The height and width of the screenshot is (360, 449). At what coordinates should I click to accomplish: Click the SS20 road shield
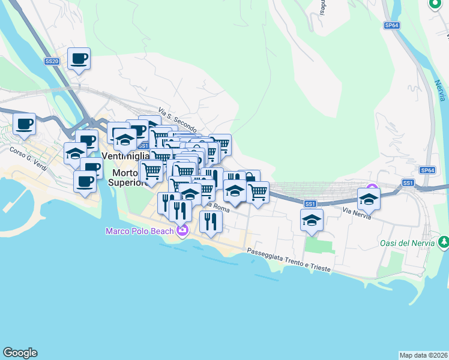click(x=52, y=61)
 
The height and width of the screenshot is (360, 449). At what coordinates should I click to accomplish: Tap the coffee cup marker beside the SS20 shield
click(x=79, y=59)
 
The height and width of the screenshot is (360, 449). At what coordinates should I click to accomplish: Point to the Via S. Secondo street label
click(x=178, y=121)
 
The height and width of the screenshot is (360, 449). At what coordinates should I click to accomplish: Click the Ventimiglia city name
click(x=125, y=155)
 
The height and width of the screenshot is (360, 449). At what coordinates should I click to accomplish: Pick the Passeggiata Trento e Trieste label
click(x=288, y=260)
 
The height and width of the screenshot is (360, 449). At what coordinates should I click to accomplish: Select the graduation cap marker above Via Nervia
click(x=369, y=199)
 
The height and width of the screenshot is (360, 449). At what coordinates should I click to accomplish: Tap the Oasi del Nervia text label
click(x=407, y=243)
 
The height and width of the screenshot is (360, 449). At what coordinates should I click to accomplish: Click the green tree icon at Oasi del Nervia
click(x=443, y=242)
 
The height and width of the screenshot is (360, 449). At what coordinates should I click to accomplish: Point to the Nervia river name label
click(x=441, y=88)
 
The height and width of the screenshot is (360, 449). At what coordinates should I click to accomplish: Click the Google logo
click(x=20, y=353)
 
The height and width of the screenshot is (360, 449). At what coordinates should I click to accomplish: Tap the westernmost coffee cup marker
click(x=24, y=124)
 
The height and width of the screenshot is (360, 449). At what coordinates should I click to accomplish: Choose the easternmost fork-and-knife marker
click(x=211, y=221)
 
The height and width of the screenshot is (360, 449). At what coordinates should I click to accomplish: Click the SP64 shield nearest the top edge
click(x=392, y=26)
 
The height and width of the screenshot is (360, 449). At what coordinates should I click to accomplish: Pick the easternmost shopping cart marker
click(x=258, y=193)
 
